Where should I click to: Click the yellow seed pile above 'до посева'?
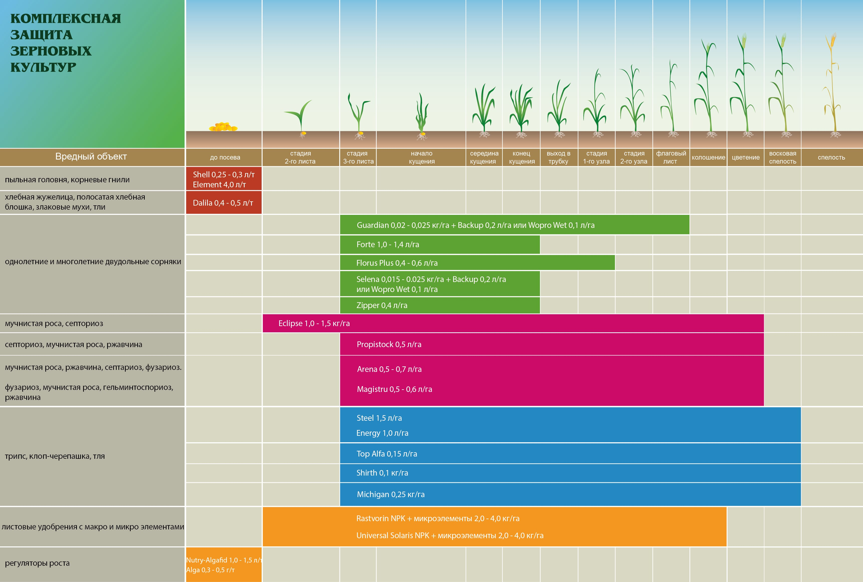pyautogui.click(x=223, y=127)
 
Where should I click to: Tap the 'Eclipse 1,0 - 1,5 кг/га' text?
pyautogui.click(x=314, y=323)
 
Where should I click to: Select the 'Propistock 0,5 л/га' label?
pyautogui.click(x=389, y=344)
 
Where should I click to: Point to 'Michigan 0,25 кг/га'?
pyautogui.click(x=391, y=494)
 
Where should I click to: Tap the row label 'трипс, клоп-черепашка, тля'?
pyautogui.click(x=55, y=456)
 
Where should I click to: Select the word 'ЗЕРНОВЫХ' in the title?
pyautogui.click(x=51, y=51)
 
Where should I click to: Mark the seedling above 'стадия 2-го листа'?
pyautogui.click(x=299, y=118)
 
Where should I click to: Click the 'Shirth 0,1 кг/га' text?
pyautogui.click(x=382, y=473)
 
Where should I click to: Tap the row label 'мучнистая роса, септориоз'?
pyautogui.click(x=54, y=324)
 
